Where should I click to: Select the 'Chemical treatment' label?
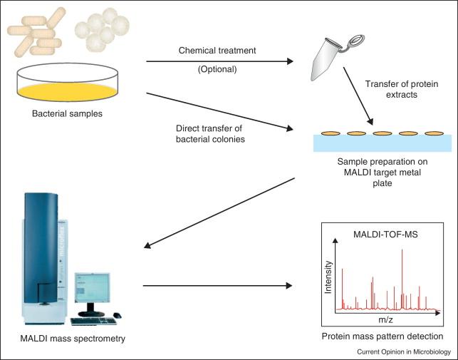click(217, 51)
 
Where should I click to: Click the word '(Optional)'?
click(217, 69)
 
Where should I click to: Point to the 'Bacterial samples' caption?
click(67, 113)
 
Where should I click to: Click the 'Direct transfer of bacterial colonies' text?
click(210, 133)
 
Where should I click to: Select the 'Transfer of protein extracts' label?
click(402, 89)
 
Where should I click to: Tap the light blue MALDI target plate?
click(382, 143)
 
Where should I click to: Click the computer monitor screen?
click(93, 287)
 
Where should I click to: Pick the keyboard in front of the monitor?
click(93, 322)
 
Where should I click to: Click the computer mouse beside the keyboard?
click(117, 315)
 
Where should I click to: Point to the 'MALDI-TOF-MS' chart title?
click(385, 235)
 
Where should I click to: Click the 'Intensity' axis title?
click(328, 277)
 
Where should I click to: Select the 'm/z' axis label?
click(385, 319)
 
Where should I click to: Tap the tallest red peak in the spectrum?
click(402, 279)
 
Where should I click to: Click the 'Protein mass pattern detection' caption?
click(382, 336)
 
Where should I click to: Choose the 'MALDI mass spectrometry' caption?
click(73, 339)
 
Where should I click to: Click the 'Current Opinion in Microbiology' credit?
click(404, 352)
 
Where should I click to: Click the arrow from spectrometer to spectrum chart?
click(218, 286)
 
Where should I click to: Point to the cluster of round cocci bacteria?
click(102, 29)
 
